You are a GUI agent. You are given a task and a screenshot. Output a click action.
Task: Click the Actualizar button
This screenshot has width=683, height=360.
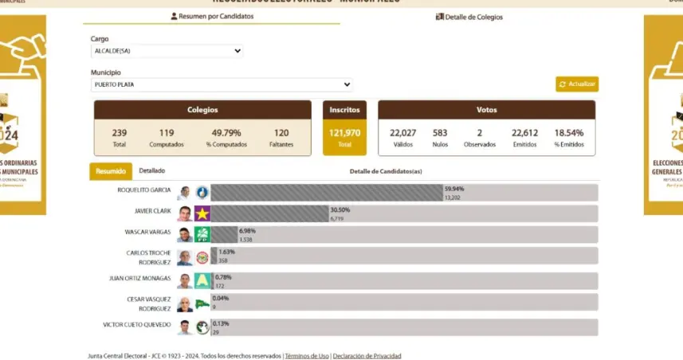tap(577, 84)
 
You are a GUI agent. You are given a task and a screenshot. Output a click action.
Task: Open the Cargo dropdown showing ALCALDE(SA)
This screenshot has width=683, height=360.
tap(167, 51)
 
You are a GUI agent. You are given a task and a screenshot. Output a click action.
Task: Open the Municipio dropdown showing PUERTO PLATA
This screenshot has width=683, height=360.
tap(222, 84)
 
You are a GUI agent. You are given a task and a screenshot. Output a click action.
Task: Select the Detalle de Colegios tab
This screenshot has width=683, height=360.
tap(469, 17)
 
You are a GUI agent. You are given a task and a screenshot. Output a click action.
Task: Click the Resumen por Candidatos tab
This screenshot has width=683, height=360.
tap(212, 17)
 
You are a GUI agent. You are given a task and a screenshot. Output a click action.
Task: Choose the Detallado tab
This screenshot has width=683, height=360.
tap(151, 170)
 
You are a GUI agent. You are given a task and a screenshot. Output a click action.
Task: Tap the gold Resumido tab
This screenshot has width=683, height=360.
tap(111, 171)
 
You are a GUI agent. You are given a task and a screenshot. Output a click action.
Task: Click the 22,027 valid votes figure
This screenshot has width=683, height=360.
tap(402, 132)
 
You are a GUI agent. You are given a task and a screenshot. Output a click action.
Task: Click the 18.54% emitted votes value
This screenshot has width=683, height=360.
tap(569, 132)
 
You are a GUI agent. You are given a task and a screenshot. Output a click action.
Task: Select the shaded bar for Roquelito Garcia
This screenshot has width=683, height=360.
tap(326, 193)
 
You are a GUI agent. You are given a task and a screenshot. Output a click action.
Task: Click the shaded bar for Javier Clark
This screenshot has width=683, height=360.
tap(269, 213)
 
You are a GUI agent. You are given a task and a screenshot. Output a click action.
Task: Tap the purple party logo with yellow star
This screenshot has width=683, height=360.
tap(202, 213)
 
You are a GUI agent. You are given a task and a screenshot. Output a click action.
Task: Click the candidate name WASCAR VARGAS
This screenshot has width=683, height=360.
tap(148, 232)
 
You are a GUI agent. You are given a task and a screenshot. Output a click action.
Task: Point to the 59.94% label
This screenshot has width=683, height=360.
tap(453, 189)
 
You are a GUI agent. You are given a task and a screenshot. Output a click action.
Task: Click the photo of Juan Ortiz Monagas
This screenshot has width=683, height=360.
tap(185, 280)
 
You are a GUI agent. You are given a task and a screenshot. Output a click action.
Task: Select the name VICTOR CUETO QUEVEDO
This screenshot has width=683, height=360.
tap(137, 324)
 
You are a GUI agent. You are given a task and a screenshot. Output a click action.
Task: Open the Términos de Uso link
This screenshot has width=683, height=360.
tap(307, 356)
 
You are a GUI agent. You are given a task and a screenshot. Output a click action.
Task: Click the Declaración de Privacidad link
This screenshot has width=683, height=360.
tap(367, 356)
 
